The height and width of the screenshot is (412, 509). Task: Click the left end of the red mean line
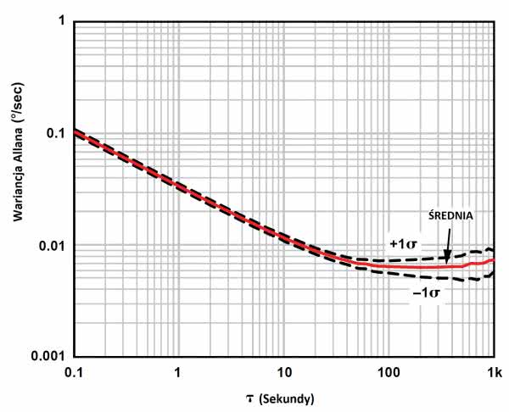coord(75,131)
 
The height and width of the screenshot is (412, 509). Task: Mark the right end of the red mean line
coord(493,259)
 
